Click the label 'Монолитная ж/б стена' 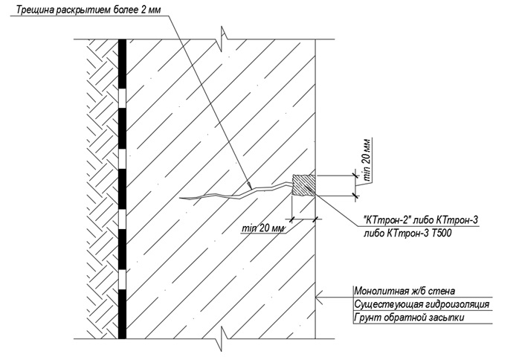pos(401,291)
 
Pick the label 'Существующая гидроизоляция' pos(420,305)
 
